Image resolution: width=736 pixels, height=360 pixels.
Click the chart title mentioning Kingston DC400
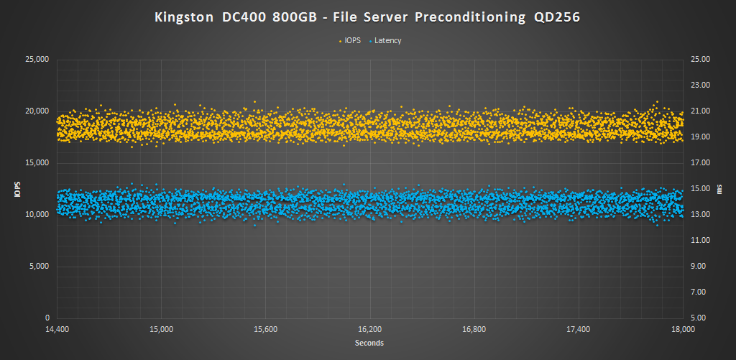(367, 17)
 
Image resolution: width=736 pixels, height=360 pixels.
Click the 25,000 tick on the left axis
(35, 60)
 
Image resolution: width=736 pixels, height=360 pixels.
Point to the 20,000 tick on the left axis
(35, 111)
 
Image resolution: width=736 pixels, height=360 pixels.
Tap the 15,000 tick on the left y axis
(35, 163)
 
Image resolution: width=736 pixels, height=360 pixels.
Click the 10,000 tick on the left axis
(35, 215)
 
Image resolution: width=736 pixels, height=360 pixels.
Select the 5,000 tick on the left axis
(37, 267)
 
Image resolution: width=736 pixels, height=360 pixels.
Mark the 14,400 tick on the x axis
(57, 330)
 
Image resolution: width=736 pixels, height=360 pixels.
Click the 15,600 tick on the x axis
(265, 330)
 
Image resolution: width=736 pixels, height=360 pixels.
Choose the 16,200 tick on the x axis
(369, 330)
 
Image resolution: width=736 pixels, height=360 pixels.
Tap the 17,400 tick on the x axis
(578, 330)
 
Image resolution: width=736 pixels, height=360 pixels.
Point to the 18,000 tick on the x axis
(682, 330)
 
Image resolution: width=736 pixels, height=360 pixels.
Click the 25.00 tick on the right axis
(700, 60)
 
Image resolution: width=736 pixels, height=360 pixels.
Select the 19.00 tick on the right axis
(700, 137)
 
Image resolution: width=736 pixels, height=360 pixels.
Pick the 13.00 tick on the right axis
(700, 215)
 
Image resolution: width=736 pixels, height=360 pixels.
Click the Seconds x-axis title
(369, 343)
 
